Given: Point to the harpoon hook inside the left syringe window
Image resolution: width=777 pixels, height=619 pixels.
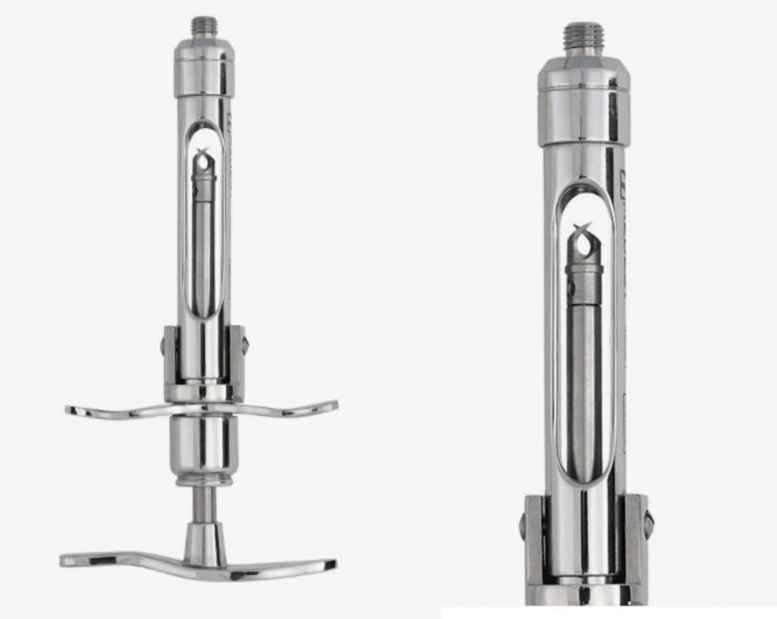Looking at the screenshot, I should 203,161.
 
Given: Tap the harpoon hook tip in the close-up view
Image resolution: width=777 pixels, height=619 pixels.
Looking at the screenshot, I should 584,238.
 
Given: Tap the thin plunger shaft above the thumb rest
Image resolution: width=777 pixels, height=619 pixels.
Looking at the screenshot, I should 203,503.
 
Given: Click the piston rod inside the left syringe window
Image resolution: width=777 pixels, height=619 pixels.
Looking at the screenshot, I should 203,245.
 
